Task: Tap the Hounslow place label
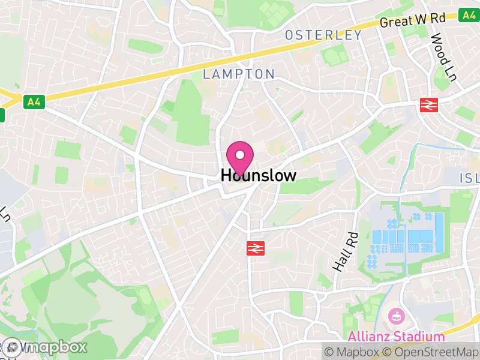259,175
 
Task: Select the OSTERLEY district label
323,35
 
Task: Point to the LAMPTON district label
239,74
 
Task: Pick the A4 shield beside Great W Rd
467,14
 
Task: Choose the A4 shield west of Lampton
34,102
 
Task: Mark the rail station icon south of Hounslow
256,248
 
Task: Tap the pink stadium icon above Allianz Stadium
396,315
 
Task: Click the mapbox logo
45,347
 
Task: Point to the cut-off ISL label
469,178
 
